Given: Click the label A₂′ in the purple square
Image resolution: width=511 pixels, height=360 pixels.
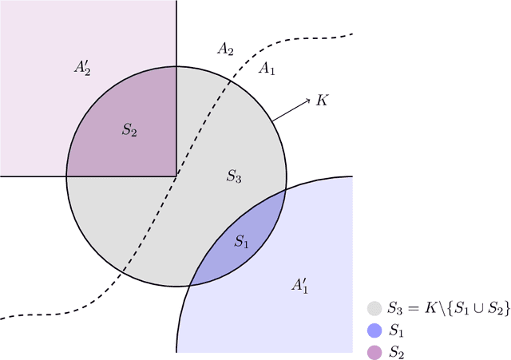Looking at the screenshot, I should coord(83,68).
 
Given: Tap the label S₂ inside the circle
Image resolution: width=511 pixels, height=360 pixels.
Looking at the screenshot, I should coord(129,129).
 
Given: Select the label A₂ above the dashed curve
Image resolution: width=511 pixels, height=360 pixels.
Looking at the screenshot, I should coord(225,49).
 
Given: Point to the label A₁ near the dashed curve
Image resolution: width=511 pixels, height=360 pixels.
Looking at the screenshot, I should coord(267,69).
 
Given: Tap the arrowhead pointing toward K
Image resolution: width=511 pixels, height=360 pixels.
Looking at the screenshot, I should coord(308,101).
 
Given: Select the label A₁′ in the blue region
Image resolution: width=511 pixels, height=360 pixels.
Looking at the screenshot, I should coord(300,285).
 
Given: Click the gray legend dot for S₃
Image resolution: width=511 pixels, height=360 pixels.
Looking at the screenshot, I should coord(374,308).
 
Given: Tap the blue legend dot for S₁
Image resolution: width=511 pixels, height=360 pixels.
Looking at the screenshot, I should coord(374,330).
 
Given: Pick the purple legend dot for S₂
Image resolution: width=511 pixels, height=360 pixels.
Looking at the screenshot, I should coord(374,351).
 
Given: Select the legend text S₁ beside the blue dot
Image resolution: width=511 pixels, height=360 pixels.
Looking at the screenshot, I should coord(396,330).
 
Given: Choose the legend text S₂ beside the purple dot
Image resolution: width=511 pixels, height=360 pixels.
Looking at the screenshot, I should coord(396,352).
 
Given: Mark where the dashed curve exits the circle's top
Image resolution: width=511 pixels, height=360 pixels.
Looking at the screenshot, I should coord(232,81).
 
